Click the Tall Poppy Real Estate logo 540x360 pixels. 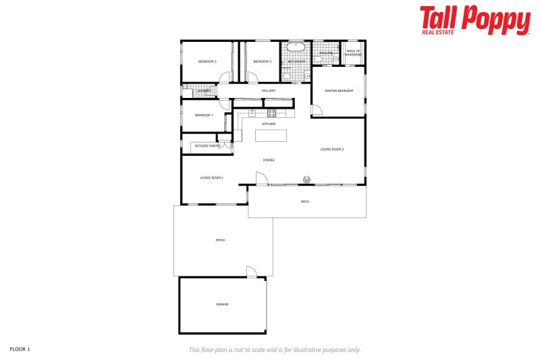(475, 20)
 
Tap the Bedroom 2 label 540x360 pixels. (207, 61)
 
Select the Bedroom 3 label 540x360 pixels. (262, 61)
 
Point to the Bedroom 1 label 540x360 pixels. (204, 115)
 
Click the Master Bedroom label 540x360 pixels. (338, 91)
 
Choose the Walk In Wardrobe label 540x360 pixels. (353, 53)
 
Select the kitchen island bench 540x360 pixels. (270, 136)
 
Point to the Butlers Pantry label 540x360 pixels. (207, 145)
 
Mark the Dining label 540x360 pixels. (269, 160)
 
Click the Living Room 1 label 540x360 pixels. (211, 178)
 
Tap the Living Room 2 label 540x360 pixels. (332, 149)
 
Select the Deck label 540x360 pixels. (304, 202)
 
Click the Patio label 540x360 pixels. (220, 240)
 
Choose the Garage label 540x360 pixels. (222, 304)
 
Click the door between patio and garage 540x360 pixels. (251, 272)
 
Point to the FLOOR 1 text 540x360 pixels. (20, 349)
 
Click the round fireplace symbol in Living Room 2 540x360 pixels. (306, 180)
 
